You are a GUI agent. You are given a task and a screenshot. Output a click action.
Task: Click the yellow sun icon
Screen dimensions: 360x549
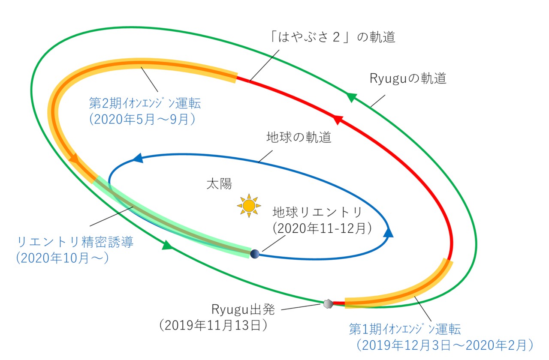(x=249, y=205)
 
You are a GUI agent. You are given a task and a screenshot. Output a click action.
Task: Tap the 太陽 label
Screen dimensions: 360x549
(x=219, y=184)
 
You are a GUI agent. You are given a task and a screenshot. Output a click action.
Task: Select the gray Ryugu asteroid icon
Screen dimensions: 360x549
(x=328, y=303)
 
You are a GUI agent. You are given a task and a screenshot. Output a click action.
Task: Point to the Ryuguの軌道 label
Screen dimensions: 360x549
(x=407, y=79)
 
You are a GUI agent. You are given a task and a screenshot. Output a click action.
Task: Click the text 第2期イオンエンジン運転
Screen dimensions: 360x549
(x=145, y=104)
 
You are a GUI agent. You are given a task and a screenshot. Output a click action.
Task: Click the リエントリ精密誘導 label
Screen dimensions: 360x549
(x=75, y=242)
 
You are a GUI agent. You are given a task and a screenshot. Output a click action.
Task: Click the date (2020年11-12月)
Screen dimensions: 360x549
(x=322, y=228)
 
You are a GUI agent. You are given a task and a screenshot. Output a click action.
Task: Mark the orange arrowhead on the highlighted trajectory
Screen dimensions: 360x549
(x=73, y=159)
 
